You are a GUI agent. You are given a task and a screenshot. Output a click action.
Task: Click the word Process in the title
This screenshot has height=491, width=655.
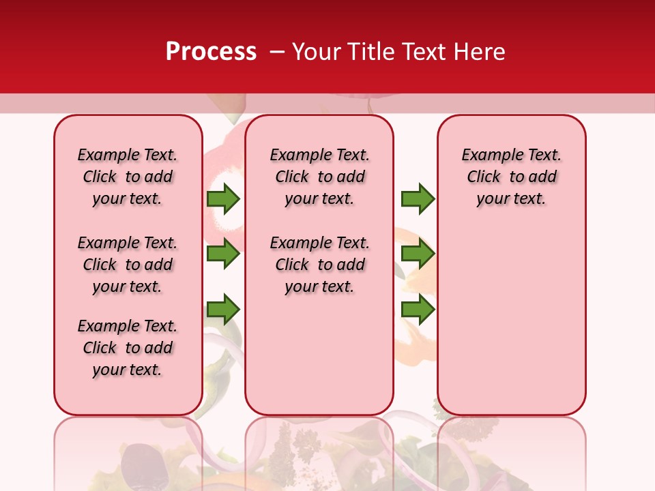(211, 52)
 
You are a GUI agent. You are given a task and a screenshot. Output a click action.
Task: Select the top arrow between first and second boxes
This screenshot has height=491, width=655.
(223, 199)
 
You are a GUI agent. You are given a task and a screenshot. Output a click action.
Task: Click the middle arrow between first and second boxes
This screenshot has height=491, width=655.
(223, 254)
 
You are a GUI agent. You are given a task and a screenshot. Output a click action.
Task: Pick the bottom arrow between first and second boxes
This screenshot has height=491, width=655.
(223, 310)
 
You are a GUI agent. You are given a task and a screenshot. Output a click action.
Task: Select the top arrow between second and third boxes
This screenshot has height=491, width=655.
(418, 199)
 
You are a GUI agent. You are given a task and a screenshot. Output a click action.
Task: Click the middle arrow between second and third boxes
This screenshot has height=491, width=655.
(418, 254)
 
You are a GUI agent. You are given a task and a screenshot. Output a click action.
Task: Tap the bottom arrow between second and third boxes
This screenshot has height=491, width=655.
(418, 310)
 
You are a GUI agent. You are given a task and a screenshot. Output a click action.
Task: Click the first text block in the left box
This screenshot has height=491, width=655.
(128, 177)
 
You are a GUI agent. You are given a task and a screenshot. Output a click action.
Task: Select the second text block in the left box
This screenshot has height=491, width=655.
(128, 265)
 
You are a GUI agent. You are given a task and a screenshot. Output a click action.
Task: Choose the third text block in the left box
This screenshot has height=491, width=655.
(128, 348)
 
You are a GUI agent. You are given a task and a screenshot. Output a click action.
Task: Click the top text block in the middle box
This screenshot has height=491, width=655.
(319, 177)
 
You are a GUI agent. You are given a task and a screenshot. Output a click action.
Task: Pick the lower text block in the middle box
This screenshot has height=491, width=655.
(319, 265)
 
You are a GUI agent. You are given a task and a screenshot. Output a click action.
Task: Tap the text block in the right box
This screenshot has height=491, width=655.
(511, 177)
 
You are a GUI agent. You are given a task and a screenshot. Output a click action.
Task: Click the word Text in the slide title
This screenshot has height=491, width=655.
(423, 52)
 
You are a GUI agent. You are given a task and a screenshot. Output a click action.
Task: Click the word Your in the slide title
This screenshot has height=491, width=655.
(315, 52)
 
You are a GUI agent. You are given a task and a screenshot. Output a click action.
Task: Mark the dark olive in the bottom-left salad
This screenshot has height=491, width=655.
(136, 464)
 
